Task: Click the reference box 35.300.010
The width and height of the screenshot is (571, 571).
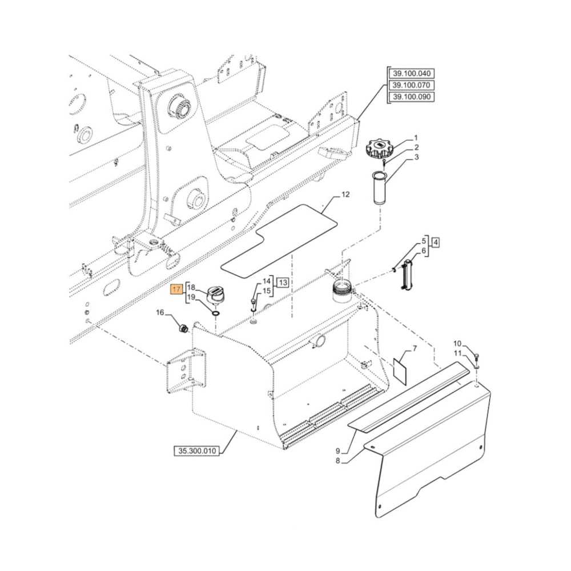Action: [196, 451]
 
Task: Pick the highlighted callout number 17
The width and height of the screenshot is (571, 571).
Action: [178, 290]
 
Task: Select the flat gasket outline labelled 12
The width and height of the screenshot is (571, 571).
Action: [280, 240]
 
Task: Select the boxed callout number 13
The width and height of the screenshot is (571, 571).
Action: [283, 282]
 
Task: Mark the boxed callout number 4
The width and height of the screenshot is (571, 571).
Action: [436, 243]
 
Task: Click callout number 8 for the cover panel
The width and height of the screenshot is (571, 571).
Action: [338, 460]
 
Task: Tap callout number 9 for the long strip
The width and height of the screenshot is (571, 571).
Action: [338, 451]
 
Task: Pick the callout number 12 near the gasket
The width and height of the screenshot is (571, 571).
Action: [344, 195]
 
